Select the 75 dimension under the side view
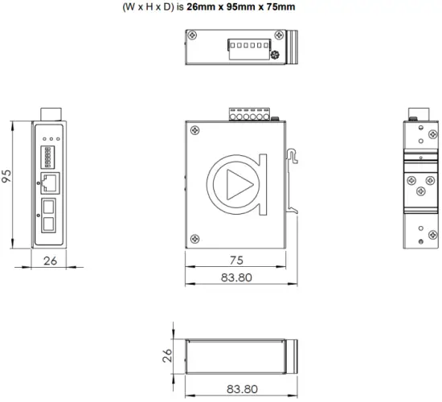tap(236, 260)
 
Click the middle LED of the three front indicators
tap(48, 138)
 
